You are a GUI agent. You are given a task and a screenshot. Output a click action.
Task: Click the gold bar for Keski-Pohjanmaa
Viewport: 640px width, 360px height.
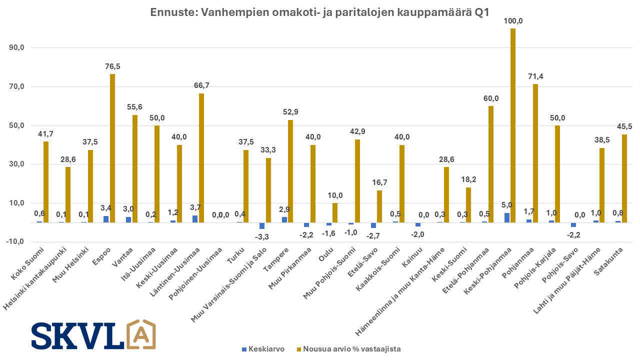click(513, 125)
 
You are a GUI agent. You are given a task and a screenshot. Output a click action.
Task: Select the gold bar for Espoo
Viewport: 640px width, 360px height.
click(112, 148)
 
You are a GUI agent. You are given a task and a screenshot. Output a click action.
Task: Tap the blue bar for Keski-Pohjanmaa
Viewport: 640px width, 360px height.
click(507, 217)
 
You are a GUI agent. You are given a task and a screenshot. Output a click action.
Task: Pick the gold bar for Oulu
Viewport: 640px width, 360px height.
click(335, 212)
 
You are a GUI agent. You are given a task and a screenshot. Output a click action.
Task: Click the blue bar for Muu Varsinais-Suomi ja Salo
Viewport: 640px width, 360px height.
click(262, 225)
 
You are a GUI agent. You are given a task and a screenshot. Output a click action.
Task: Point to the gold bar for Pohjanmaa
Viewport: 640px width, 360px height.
click(535, 153)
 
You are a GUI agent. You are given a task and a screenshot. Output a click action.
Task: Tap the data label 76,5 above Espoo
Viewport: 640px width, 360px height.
click(112, 66)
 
